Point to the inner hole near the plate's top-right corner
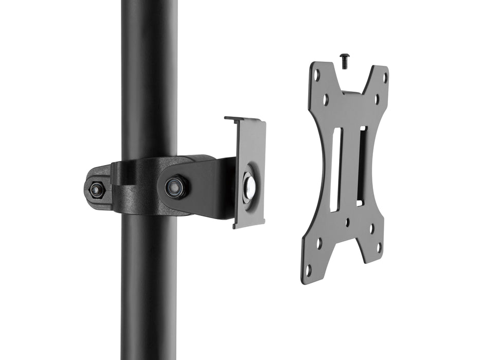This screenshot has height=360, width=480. point(377,99)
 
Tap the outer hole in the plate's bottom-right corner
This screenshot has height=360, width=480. point(379,247)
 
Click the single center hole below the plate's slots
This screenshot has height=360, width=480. point(348,222)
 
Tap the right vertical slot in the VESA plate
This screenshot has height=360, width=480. point(361,166)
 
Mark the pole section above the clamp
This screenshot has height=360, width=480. point(150,77)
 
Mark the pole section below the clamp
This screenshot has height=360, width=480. point(150,288)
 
